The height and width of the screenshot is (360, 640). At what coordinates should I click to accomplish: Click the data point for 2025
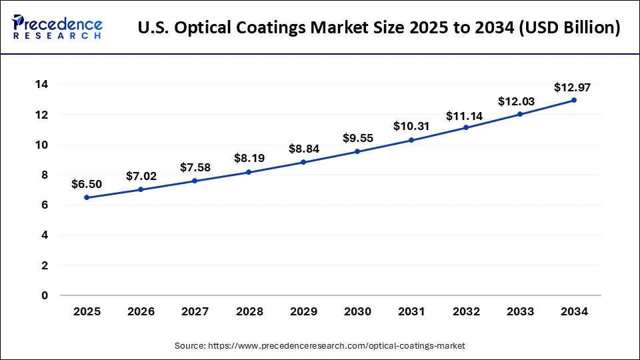point(87,197)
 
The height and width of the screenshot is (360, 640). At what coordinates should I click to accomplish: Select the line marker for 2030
point(357,151)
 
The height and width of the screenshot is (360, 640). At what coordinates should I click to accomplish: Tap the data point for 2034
point(573,100)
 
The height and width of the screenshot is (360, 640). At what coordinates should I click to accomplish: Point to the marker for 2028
point(249,172)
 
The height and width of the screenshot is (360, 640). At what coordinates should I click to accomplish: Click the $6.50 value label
point(87,184)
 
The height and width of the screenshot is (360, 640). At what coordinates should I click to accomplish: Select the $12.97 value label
point(573,87)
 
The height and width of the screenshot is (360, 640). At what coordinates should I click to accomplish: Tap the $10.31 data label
point(411,125)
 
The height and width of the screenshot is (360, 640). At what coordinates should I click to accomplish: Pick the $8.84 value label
point(303,149)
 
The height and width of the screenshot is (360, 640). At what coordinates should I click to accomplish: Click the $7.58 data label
point(195,167)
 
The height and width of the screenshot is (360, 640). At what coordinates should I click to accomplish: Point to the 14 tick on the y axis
point(41,85)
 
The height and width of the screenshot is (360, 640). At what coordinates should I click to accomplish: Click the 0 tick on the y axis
point(45,295)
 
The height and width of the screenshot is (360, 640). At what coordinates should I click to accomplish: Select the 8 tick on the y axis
point(45,175)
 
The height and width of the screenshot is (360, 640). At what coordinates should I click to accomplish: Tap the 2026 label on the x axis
point(141,311)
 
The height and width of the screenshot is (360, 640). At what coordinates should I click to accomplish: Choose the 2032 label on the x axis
point(465,311)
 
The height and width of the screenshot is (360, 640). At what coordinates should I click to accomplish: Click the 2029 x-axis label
point(303,311)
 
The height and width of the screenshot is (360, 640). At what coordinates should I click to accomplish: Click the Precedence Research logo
point(57,27)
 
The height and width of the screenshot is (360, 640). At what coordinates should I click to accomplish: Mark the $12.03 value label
point(519,101)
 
